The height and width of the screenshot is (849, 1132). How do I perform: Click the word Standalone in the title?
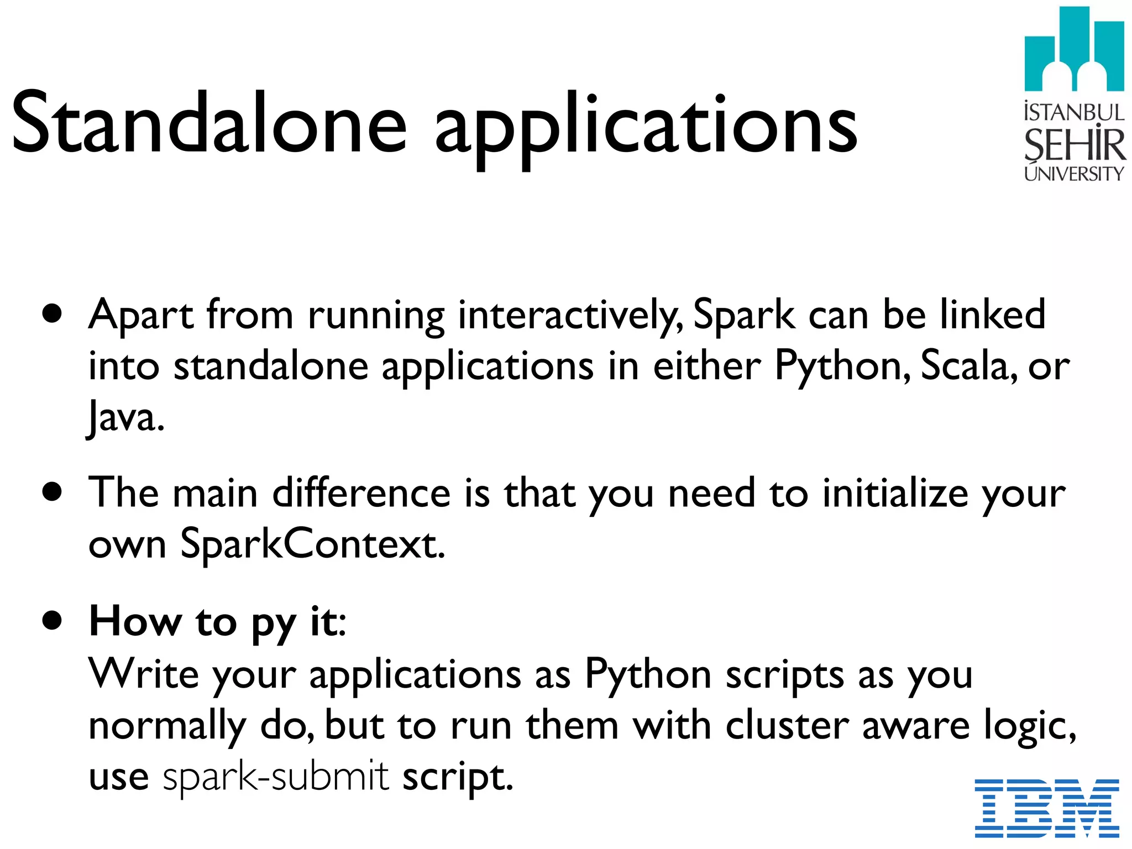point(209,123)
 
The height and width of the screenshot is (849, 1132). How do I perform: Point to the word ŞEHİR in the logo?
point(1074,145)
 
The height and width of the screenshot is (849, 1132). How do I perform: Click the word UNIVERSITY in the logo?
point(1074,174)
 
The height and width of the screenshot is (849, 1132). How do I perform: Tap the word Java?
point(126,418)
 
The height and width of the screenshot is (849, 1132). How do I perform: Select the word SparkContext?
point(313,544)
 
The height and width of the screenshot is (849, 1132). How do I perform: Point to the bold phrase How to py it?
point(217,621)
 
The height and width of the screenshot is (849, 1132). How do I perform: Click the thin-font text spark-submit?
point(276,777)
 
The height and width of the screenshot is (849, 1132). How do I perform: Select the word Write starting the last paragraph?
point(143,674)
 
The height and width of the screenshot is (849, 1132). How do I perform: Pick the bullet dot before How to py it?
point(52,620)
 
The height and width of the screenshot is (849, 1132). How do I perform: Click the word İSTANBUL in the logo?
point(1074,112)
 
